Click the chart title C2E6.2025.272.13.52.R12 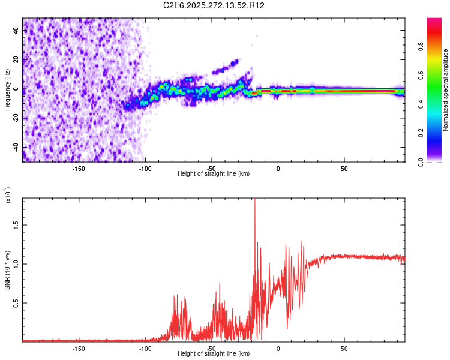[214, 5]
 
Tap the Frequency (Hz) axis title [8, 90]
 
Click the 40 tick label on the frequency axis [16, 31]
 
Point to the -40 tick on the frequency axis [16, 148]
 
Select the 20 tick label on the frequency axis [16, 61]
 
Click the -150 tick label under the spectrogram [79, 168]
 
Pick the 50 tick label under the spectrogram [344, 168]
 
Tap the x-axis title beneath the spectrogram [214, 174]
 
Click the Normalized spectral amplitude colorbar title [445, 90]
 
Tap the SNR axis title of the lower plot [8, 270]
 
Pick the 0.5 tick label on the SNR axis [16, 303]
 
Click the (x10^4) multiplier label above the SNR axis [8, 196]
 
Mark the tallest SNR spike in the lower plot [255, 200]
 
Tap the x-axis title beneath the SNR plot [214, 354]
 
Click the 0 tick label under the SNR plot [278, 348]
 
